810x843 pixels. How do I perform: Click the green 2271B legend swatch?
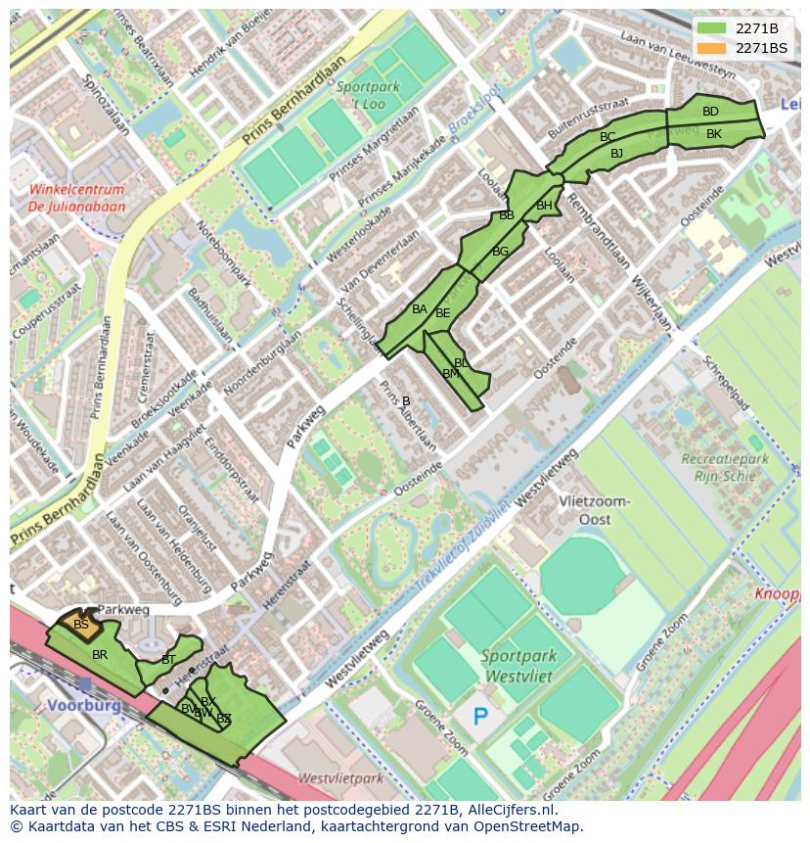coord(712,28)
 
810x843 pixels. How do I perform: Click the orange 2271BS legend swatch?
coord(712,48)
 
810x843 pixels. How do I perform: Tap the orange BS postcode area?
coord(81,624)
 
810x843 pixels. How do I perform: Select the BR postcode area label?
coord(99,654)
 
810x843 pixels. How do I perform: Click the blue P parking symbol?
coord(480,718)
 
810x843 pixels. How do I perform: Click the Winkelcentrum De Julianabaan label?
coord(76,198)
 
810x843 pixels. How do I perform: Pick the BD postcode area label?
coord(710,112)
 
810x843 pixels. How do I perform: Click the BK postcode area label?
coord(713,134)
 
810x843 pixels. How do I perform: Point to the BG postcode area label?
coord(500,252)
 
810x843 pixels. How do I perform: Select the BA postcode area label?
coord(419,309)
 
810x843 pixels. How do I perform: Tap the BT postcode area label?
coord(168,660)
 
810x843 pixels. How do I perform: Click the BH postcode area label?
coord(544,206)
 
